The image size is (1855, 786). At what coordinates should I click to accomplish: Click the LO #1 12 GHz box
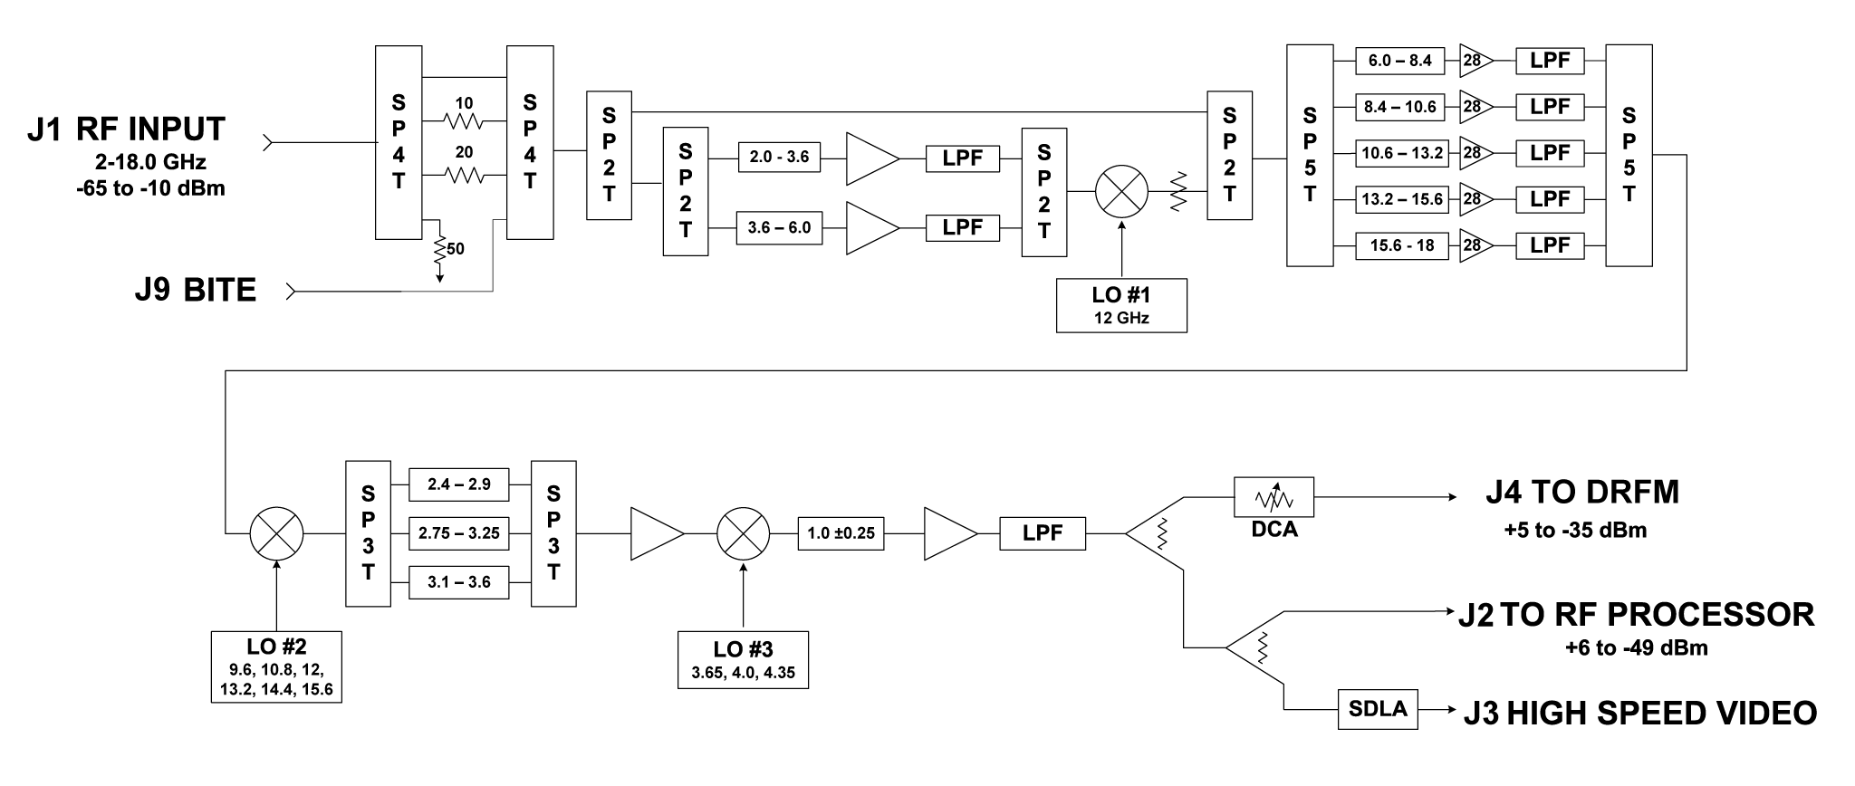point(1121,305)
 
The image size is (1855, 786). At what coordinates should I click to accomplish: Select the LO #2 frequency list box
point(276,667)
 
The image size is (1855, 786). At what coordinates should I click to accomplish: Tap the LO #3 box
point(743,660)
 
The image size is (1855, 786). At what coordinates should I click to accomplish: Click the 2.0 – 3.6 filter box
point(780,158)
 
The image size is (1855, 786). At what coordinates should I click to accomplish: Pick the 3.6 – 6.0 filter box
point(780,228)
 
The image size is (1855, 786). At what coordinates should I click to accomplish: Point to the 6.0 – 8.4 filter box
point(1400,61)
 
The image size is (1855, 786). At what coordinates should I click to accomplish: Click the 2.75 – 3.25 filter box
point(459,533)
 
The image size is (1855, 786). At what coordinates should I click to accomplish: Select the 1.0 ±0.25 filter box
point(841,533)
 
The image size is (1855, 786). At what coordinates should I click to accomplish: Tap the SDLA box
point(1378,710)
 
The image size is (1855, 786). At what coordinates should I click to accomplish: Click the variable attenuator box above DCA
point(1274,497)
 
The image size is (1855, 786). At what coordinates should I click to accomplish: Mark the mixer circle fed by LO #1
point(1121,192)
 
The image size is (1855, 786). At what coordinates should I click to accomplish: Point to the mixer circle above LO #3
point(743,533)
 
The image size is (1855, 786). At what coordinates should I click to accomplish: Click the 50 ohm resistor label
point(456,248)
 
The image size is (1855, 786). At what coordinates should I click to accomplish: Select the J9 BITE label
point(195,291)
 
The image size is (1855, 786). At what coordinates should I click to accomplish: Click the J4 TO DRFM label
point(1582,492)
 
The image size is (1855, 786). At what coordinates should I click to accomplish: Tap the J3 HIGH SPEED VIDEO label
point(1640,713)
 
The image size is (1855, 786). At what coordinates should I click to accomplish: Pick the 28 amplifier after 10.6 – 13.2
point(1473,153)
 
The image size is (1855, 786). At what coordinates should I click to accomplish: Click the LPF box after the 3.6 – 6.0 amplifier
point(962,227)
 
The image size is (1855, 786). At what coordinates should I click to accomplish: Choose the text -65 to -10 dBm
point(150,189)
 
